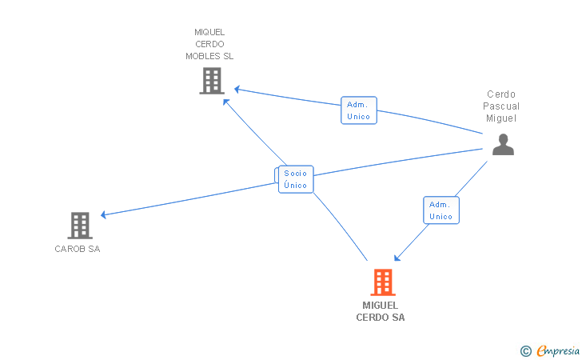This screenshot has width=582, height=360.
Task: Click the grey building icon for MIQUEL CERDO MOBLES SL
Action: click(x=211, y=81)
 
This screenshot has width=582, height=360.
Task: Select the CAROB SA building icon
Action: click(x=80, y=226)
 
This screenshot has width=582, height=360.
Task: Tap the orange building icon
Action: click(x=383, y=282)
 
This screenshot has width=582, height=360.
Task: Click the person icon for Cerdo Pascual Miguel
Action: click(x=502, y=144)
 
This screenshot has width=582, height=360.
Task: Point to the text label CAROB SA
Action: click(x=78, y=249)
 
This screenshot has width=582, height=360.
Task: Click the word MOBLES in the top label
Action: click(x=202, y=56)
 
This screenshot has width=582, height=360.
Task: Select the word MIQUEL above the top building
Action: click(x=209, y=33)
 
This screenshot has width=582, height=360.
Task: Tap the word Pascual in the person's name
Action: click(x=501, y=106)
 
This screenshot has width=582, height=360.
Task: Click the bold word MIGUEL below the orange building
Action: click(x=381, y=306)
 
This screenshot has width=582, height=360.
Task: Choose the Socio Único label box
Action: click(x=296, y=179)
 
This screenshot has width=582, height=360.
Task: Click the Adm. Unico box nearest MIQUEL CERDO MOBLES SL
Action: click(x=358, y=110)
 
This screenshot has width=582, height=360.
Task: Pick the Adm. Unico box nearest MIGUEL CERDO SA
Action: click(x=440, y=210)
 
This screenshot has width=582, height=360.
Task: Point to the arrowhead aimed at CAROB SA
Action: click(x=104, y=214)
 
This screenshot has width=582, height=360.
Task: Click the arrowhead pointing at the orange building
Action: click(x=397, y=258)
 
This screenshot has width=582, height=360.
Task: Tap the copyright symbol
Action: click(x=525, y=350)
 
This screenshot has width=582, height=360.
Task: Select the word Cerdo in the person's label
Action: click(x=501, y=94)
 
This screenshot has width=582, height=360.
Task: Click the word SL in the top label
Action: click(x=228, y=56)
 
